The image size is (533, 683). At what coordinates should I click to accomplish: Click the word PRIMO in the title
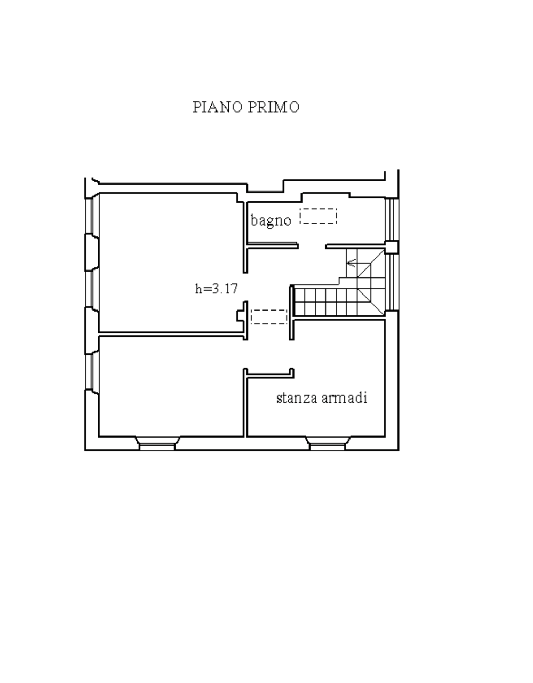pos(273,107)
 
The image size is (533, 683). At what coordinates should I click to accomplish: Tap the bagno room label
pos(271,221)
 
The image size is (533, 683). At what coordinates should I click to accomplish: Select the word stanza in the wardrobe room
pos(297,398)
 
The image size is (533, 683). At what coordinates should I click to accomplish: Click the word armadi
pos(345,398)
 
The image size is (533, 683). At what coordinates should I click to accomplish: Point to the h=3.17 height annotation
pos(217,289)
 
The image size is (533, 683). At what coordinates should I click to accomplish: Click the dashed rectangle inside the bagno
pos(319,216)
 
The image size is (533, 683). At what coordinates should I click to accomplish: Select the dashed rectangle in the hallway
pos(269,317)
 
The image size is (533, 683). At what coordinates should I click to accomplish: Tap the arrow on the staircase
pos(351,263)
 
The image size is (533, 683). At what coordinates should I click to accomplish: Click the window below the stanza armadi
pos(328,443)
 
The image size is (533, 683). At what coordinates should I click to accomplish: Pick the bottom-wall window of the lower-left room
pos(157,443)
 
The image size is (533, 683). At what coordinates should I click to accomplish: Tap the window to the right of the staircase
pos(392,282)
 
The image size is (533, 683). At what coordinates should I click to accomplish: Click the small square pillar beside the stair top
pos(392,247)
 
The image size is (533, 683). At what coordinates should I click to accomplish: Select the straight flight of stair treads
pos(326,303)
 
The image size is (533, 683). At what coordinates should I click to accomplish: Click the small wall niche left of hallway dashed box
pos(241,316)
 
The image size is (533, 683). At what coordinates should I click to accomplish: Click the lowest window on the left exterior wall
pos(91,372)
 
